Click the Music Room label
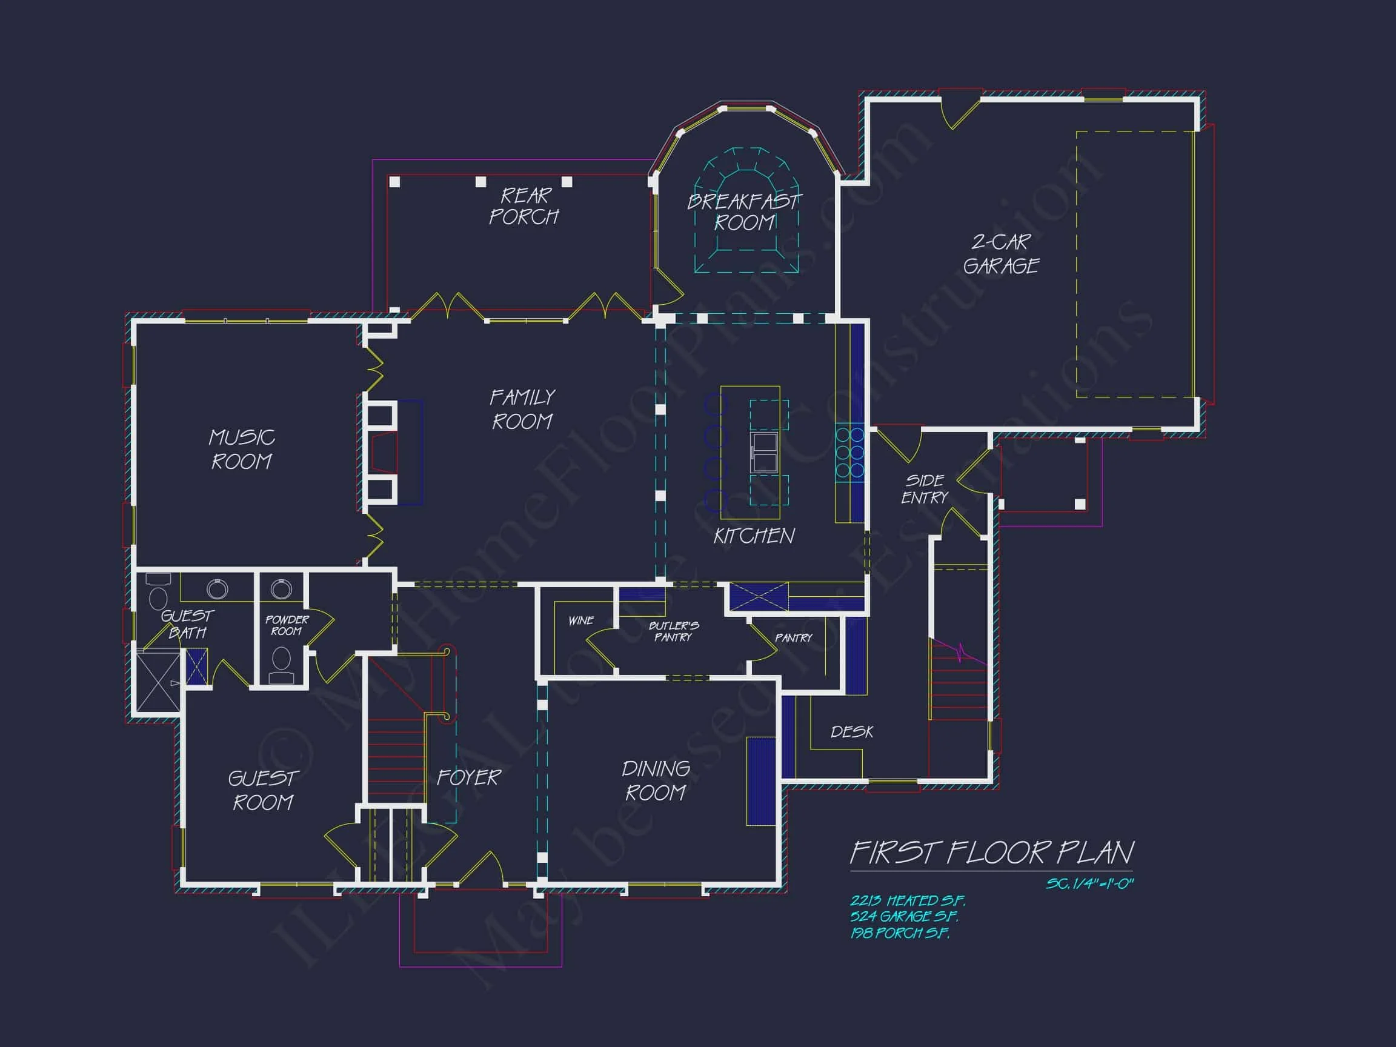[241, 450]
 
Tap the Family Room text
[522, 409]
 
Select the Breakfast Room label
[744, 212]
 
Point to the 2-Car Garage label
[1000, 254]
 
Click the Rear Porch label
[525, 206]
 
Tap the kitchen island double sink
[763, 452]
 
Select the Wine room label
[580, 620]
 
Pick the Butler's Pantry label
[673, 631]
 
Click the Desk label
[851, 731]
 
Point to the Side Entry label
[925, 489]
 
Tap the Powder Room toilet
[282, 664]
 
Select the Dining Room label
[656, 780]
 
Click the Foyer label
[468, 777]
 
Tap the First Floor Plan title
[991, 853]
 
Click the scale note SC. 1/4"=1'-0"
[1089, 883]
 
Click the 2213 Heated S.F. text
[907, 900]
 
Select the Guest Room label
[262, 790]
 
